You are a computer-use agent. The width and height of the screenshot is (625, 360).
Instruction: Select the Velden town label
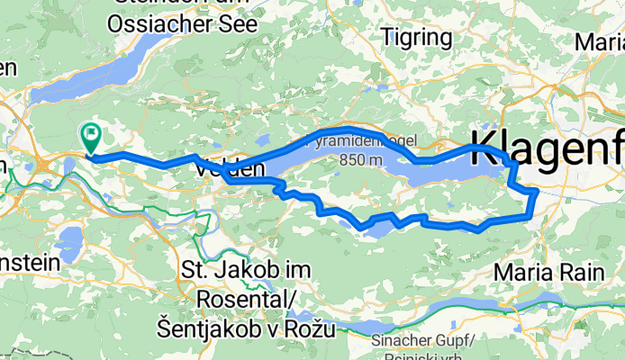pyautogui.click(x=238, y=167)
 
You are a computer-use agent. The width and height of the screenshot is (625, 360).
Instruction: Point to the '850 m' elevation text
pyautogui.click(x=363, y=159)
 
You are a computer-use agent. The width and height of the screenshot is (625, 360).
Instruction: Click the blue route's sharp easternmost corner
pyautogui.click(x=537, y=192)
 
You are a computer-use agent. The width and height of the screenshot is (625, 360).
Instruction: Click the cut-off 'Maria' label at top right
pyautogui.click(x=599, y=41)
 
